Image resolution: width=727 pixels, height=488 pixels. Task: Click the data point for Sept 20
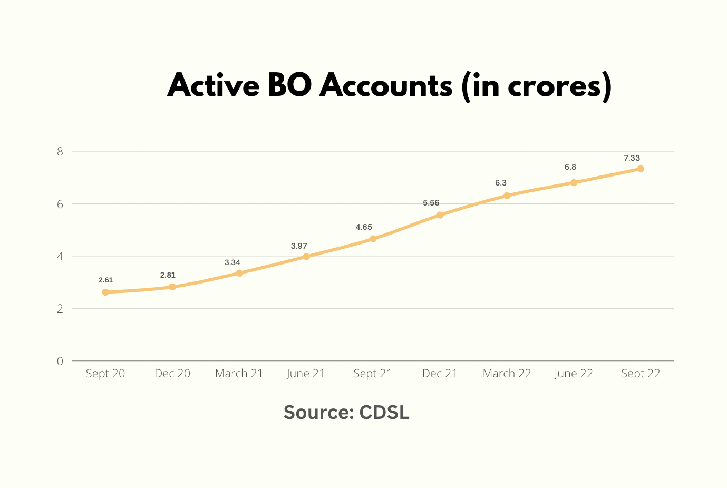105,292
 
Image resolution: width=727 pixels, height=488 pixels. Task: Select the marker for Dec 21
440,215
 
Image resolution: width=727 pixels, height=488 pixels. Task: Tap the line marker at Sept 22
641,169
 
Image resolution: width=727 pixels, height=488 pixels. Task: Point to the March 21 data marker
239,273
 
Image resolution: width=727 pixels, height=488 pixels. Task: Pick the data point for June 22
574,183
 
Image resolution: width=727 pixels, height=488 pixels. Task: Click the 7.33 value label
632,158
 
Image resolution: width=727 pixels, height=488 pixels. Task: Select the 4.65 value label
364,227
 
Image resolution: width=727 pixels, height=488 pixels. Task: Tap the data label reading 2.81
168,275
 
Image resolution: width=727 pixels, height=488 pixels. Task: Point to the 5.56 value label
431,203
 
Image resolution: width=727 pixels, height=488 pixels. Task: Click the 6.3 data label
500,183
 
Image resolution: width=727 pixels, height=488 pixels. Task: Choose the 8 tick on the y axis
60,152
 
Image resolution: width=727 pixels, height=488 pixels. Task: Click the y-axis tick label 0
60,361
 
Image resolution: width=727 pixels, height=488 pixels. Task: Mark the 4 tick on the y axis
60,257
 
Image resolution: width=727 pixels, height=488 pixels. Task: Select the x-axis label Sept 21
373,374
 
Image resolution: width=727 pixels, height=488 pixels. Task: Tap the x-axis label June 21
306,374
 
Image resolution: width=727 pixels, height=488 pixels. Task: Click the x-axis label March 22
507,374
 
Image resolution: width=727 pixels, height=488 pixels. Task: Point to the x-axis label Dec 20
172,374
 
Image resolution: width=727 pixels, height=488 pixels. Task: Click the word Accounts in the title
386,85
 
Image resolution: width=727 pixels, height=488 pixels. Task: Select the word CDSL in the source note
384,412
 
